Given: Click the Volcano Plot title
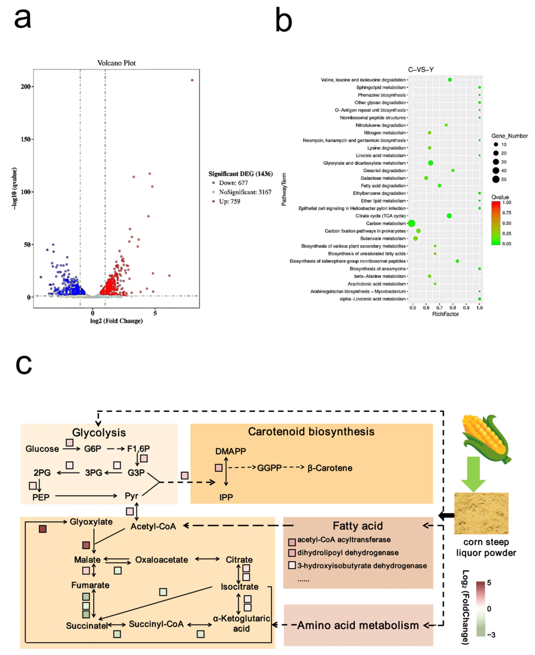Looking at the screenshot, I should point(116,63).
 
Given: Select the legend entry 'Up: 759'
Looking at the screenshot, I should point(229,202).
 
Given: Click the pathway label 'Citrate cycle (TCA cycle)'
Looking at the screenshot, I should point(380,216).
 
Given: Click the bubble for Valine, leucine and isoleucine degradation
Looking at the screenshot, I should point(450,80).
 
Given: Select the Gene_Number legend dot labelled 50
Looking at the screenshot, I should point(496,179).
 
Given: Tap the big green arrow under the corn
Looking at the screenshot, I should point(473,474).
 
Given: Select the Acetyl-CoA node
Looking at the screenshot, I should point(153,526).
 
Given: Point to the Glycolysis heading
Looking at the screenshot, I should point(99,433).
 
